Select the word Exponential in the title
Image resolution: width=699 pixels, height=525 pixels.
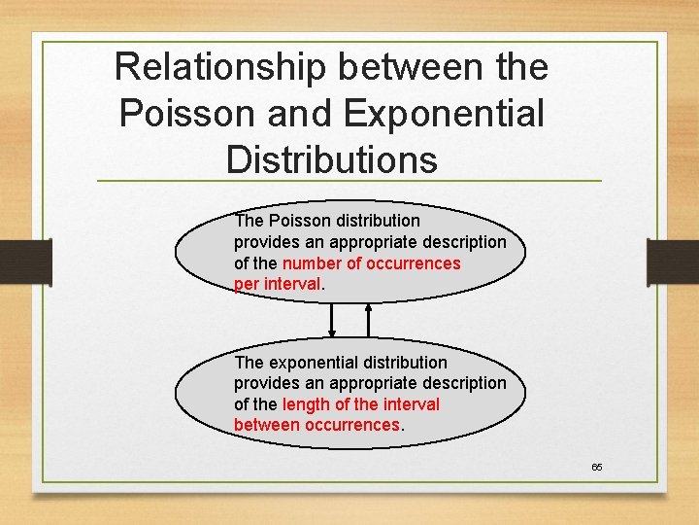click(444, 114)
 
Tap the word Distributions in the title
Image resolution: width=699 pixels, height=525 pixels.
click(331, 159)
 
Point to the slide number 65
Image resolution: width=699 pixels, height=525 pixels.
click(597, 468)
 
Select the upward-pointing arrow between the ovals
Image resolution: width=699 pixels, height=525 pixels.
click(368, 316)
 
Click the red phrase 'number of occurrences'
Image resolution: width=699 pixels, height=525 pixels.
click(371, 263)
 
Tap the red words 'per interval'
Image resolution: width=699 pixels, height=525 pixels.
click(277, 284)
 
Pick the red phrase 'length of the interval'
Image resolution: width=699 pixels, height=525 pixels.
click(360, 404)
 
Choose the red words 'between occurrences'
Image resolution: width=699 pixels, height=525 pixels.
click(316, 425)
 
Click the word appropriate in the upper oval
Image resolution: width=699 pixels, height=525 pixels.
click(372, 242)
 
